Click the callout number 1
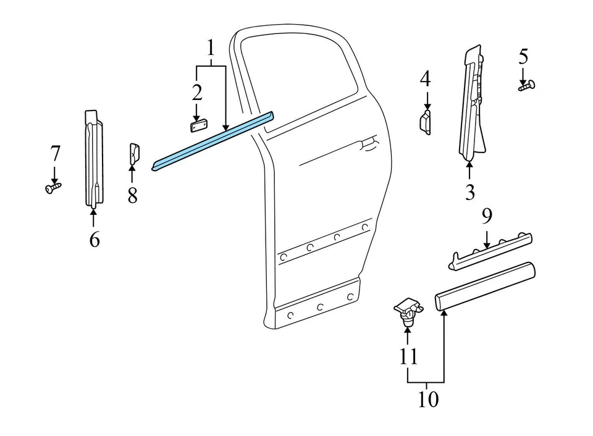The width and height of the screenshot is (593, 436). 211,47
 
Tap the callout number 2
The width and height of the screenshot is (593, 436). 196,93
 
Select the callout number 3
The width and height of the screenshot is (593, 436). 470,192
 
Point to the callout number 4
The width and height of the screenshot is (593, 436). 425,79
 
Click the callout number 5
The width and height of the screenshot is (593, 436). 523,57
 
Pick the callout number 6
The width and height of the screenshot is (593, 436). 94,239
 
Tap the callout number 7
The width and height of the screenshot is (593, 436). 55,153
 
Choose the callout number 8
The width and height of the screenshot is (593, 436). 132,196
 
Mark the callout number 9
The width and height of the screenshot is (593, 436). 487,217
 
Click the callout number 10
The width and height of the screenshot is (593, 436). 428,400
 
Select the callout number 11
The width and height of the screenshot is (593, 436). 408,356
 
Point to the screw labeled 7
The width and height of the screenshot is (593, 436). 53,187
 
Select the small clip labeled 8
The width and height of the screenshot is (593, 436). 133,154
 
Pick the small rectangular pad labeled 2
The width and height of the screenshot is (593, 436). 197,125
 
